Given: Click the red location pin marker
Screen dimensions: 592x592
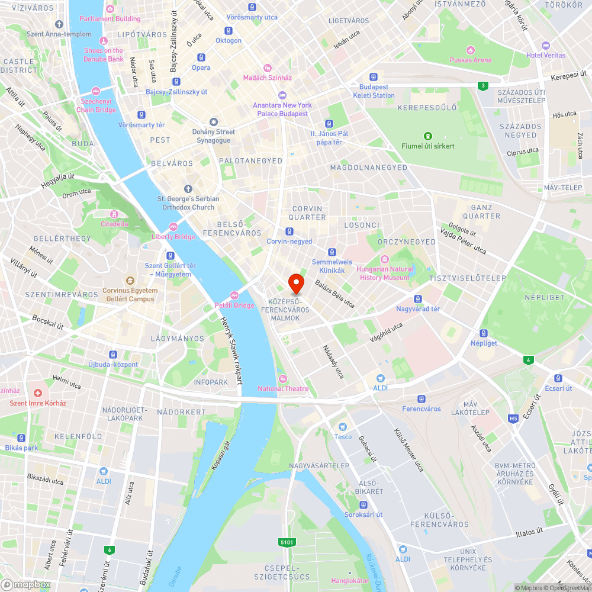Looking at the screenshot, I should (295, 284).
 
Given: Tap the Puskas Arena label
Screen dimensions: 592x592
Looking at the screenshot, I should (471, 60).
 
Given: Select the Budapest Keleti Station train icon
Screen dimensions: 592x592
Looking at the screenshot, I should (374, 77).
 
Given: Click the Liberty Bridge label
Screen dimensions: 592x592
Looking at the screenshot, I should (173, 237).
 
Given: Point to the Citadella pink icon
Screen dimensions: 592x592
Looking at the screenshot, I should (114, 214).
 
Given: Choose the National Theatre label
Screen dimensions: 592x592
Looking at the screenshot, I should (282, 388).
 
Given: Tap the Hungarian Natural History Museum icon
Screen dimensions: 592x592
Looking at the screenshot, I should (384, 259).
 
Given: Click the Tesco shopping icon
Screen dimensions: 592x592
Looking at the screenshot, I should (342, 427).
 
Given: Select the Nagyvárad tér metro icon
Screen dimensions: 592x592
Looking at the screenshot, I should (418, 299).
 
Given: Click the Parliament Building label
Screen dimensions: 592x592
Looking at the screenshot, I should (111, 18).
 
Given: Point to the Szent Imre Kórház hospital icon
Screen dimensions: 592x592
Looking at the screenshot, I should (38, 393).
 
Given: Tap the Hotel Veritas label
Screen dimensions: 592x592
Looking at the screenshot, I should (545, 55).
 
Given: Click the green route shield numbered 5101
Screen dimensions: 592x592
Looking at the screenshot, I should (287, 542).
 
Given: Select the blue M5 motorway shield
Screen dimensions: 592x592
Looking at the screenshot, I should (513, 419).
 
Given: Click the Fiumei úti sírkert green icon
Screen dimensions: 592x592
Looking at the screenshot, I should (428, 136).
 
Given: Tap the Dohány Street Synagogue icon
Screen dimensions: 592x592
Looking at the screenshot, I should (213, 121).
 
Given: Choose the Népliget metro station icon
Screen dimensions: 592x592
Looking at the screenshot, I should (484, 333).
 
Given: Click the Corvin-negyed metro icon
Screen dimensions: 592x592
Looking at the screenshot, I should (289, 231).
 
